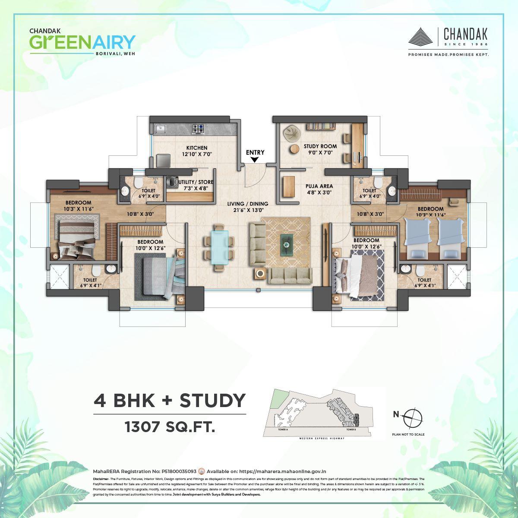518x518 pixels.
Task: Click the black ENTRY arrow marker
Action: click(255, 160)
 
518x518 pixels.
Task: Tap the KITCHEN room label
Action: click(197, 148)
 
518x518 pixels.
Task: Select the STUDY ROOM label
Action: click(320, 146)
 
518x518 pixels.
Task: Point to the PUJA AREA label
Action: click(320, 186)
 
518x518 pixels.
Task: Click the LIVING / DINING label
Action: click(248, 204)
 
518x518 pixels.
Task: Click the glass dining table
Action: click(220, 247)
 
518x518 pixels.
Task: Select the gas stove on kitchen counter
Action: click(198, 129)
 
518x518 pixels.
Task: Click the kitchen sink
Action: click(161, 128)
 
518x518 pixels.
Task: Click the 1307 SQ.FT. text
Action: click(170, 428)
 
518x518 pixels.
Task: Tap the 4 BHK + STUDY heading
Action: click(170, 401)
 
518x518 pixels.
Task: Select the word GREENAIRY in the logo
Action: click(82, 42)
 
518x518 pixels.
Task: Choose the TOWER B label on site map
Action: click(351, 430)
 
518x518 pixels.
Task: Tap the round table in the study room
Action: click(294, 148)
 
